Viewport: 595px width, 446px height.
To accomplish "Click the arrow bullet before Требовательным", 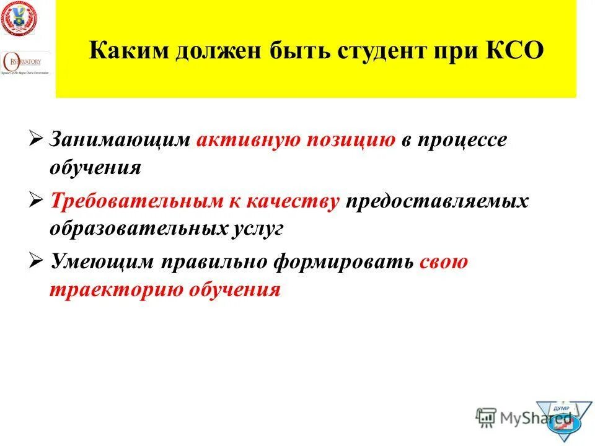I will click(36, 200).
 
